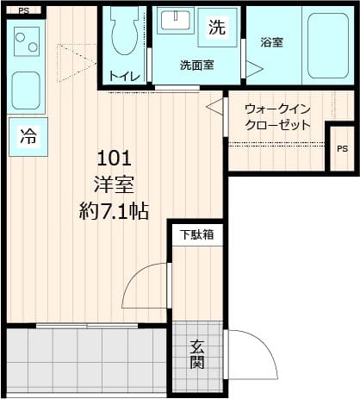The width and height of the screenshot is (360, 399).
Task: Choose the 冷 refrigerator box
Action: pos(28,137)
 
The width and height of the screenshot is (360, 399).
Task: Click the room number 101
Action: pos(113,159)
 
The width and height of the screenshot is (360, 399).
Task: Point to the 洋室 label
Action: pos(113,184)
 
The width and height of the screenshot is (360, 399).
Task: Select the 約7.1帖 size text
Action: pos(113,211)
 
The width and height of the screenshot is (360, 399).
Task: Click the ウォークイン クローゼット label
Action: pos(276,117)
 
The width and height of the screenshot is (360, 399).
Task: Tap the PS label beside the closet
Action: pos(342,147)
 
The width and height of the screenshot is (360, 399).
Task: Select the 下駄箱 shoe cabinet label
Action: pos(196,234)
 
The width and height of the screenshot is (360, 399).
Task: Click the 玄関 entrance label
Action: pos(197,353)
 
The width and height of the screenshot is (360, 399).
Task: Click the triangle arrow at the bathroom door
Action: pos(254,68)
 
